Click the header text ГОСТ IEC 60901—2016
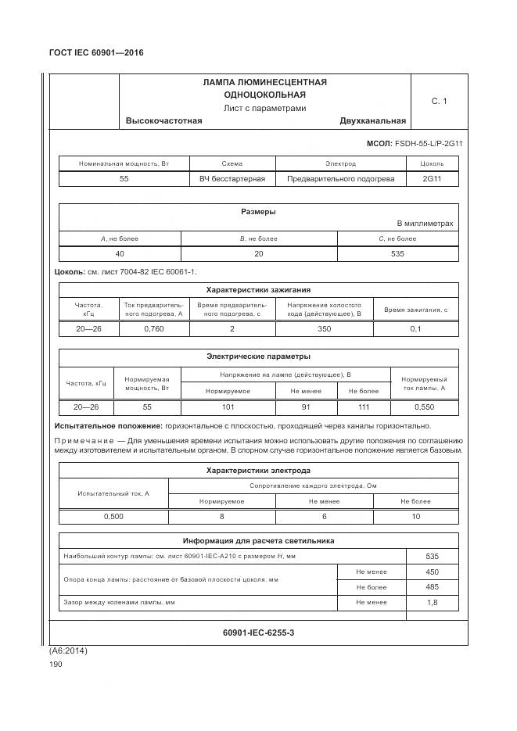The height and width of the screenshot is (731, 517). pos(96,52)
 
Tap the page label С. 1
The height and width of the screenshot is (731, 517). pos(439,101)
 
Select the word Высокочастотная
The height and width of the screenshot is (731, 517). pos(163,120)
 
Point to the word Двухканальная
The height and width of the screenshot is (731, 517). pos(372,120)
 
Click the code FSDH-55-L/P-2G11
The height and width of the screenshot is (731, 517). pos(429,144)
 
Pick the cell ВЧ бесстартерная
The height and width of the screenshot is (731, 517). pos(232,179)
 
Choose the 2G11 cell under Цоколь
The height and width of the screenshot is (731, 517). pos(433,179)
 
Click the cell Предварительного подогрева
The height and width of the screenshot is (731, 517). pos(340,179)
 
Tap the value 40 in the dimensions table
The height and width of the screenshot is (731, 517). pos(120,253)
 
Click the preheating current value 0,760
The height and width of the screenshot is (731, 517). pos(154,328)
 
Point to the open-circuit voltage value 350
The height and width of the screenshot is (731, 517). pos(324,328)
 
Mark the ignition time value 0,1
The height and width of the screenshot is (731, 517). pos(415,328)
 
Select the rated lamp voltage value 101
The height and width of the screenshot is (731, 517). pos(228,407)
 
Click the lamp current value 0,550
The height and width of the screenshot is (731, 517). pos(424,407)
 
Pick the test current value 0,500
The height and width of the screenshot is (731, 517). pos(113,517)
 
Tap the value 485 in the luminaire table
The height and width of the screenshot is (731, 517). pos(432,586)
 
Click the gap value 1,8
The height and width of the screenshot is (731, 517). pos(432,603)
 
